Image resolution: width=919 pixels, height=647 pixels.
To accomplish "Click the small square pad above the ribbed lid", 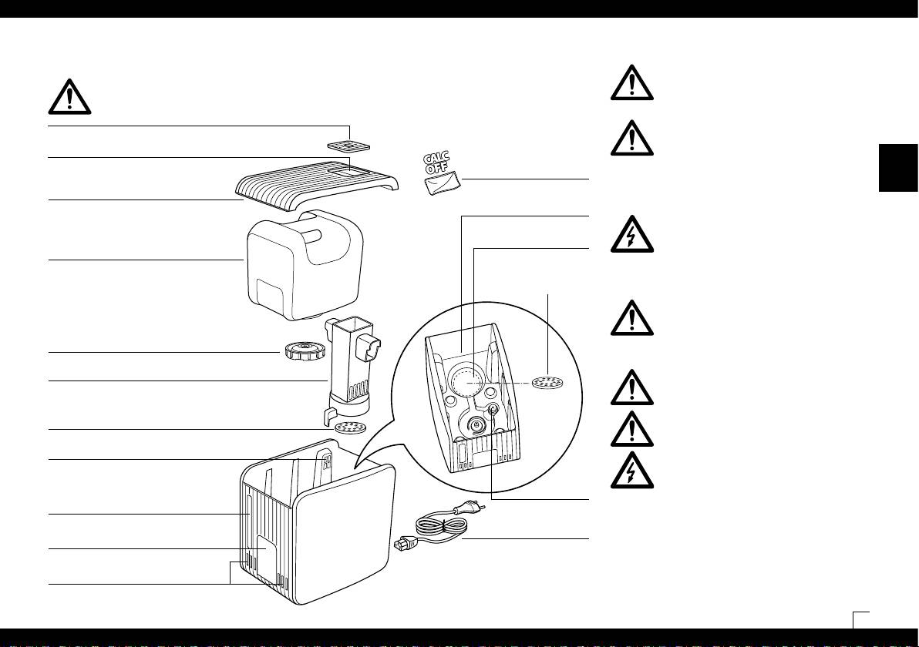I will point(350,146).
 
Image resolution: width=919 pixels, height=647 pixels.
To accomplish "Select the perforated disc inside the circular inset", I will point(547,382).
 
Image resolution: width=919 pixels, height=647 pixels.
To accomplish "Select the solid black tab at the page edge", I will point(898,169).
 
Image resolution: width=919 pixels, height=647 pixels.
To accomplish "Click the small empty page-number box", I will point(861,620).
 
